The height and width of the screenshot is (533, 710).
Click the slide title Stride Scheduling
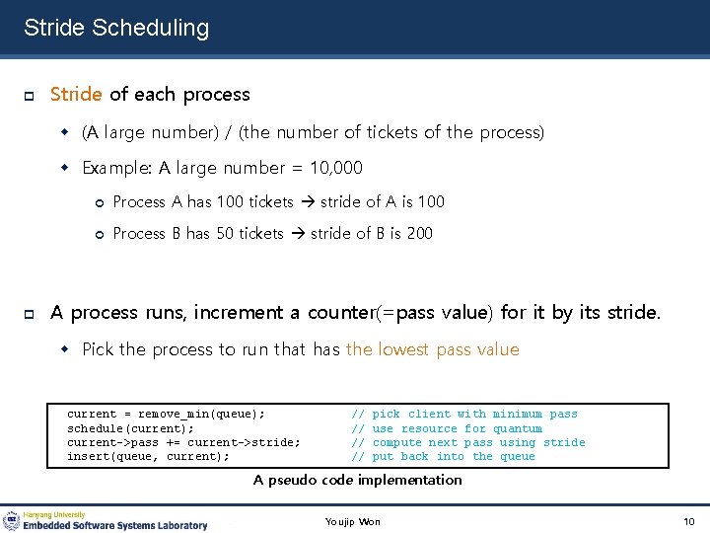pos(116,28)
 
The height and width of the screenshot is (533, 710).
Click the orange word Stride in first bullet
pos(76,95)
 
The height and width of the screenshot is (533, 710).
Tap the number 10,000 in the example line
pos(334,168)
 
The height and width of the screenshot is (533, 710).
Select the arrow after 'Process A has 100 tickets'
pos(307,202)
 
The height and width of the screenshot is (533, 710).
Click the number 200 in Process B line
pos(419,234)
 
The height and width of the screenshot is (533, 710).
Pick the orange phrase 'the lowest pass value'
pos(432,349)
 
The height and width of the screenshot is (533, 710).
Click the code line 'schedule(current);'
pos(130,428)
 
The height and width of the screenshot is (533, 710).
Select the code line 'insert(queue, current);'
pos(148,456)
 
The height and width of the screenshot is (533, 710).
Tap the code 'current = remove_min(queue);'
pos(166,415)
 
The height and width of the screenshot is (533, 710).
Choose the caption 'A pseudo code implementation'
pos(357,480)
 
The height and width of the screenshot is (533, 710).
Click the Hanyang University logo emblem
pos(12,521)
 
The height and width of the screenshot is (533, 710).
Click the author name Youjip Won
pos(353,521)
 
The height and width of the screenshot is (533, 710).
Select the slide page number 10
pos(688,521)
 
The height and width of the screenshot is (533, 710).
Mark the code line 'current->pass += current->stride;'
pos(183,442)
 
